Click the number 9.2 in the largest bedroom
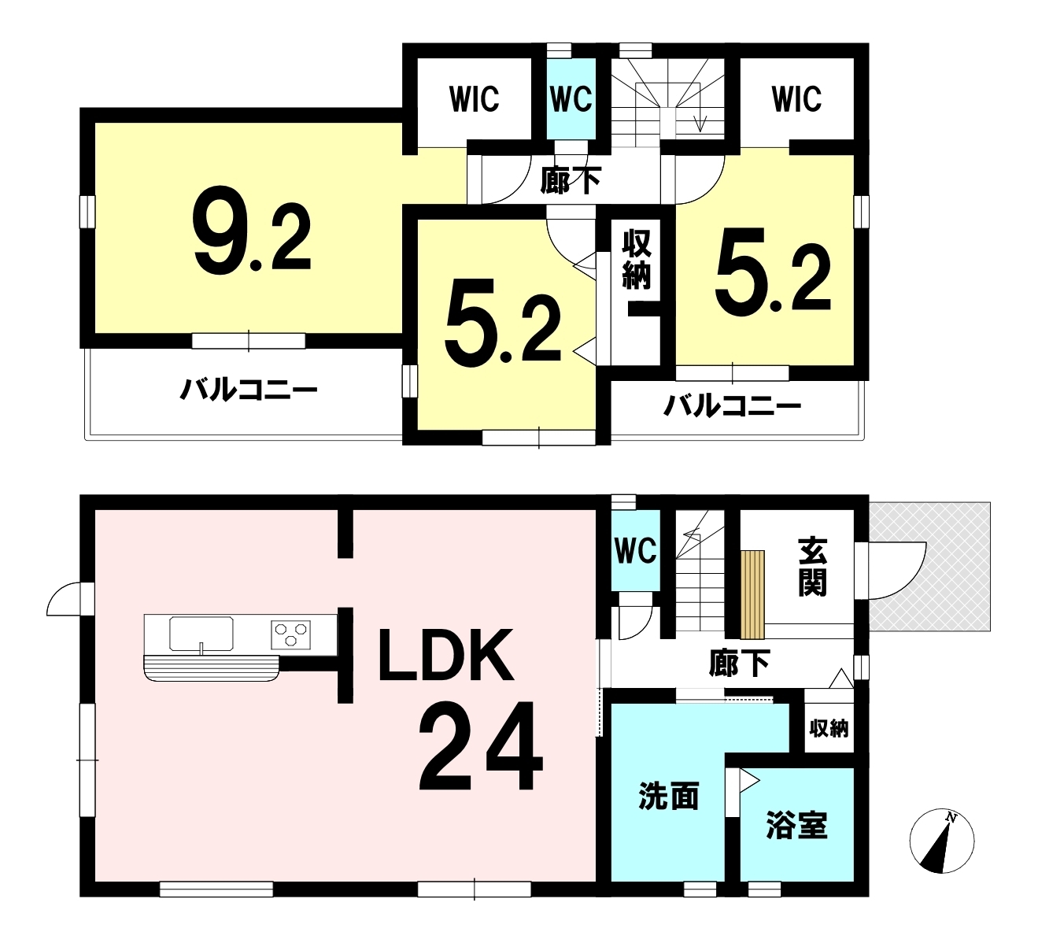click(x=252, y=230)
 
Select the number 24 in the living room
click(x=481, y=745)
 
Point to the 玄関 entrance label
click(x=812, y=568)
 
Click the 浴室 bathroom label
click(x=797, y=826)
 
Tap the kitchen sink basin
click(x=201, y=633)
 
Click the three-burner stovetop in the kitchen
click(x=291, y=634)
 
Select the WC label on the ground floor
click(x=636, y=550)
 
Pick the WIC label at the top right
click(x=797, y=99)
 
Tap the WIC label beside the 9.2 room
click(x=475, y=99)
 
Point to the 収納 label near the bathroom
click(x=829, y=729)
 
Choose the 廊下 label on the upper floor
click(x=571, y=180)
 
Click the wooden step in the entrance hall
click(x=753, y=594)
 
